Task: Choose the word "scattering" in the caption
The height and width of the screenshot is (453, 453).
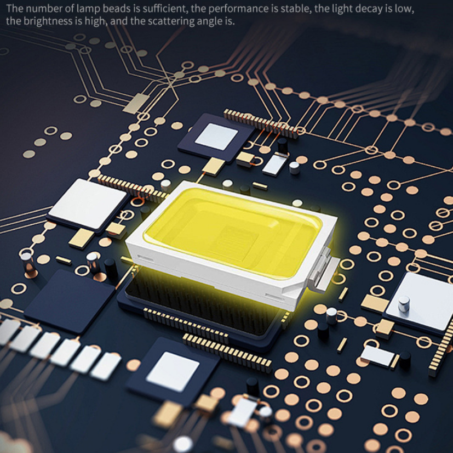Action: click(171, 22)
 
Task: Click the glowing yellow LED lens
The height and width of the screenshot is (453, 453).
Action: click(233, 230)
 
